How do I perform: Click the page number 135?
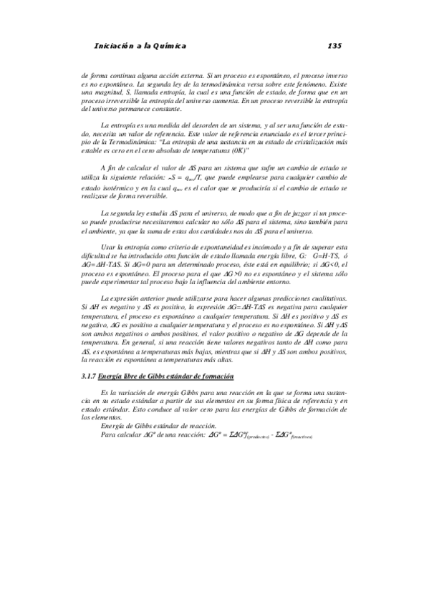pos(334,46)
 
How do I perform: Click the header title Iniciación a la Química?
pos(140,46)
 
